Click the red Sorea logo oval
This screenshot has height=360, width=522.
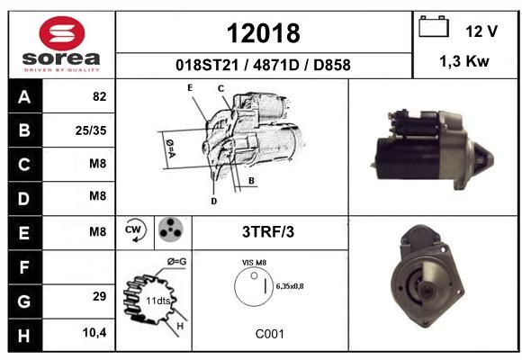click(x=62, y=33)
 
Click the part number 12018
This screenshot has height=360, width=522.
click(x=264, y=33)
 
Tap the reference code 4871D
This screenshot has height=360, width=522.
click(x=276, y=65)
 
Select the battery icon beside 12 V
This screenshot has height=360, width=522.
click(x=434, y=26)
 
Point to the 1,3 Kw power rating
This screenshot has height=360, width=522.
click(x=464, y=61)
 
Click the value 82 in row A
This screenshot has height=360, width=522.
click(x=100, y=96)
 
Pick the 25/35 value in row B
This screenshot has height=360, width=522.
click(x=91, y=130)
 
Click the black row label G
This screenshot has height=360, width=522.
click(x=25, y=301)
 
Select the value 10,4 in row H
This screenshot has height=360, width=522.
click(x=94, y=332)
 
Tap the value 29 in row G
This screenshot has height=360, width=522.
click(x=100, y=296)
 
